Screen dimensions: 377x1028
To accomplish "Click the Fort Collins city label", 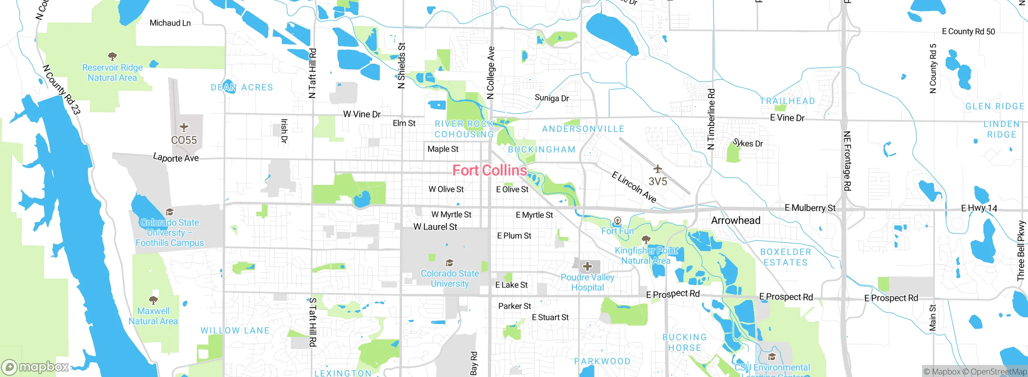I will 490,170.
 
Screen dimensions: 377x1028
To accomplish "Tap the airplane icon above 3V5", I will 657,168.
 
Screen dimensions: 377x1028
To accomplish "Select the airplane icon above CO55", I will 184,128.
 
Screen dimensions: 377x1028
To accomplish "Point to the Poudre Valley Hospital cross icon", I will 587,266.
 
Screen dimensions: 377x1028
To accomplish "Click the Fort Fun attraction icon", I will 618,221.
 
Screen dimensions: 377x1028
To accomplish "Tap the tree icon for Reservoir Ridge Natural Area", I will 112,56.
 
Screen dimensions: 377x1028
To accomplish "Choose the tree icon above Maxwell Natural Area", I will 153,300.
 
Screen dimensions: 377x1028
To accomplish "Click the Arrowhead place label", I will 736,220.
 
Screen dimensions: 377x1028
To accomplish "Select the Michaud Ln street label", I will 170,23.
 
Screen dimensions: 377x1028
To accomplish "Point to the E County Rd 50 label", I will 968,31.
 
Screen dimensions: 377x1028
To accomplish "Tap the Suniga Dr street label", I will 552,98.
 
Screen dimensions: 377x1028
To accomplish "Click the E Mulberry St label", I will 810,208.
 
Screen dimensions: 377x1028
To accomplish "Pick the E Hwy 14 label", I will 979,208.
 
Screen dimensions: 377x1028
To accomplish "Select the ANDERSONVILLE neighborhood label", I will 583,129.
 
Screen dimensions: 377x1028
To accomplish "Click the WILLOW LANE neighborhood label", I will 235,330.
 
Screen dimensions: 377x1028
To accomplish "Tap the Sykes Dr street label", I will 748,143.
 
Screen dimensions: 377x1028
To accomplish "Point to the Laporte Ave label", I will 176,158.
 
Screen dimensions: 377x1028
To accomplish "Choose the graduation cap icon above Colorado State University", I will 449,263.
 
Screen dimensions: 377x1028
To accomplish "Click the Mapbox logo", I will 35,367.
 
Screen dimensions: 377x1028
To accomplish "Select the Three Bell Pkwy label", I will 1021,251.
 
